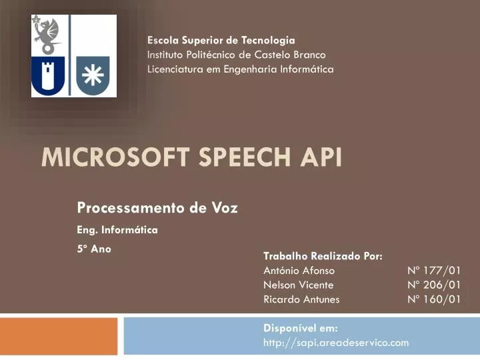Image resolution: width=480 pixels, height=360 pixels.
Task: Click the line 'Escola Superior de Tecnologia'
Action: click(221, 41)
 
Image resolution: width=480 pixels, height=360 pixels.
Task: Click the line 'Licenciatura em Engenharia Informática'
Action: click(240, 69)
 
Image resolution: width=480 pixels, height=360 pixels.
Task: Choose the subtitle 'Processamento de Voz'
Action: click(157, 208)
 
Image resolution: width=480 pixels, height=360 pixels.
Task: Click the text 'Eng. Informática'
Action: click(117, 230)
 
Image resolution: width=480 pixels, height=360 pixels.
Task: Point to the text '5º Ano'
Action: click(94, 249)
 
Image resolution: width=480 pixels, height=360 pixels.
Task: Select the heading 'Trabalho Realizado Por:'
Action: click(323, 255)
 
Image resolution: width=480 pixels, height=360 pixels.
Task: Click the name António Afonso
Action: click(299, 270)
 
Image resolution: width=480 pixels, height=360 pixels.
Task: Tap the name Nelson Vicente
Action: click(298, 285)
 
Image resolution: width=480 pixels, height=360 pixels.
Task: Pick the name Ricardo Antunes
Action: click(301, 299)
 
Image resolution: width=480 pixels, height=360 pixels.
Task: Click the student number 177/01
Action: click(434, 270)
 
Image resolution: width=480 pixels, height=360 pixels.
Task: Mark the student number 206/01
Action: click(434, 285)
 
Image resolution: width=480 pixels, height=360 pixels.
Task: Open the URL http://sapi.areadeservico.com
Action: click(336, 343)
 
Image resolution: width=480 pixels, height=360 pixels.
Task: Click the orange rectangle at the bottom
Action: click(59, 336)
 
